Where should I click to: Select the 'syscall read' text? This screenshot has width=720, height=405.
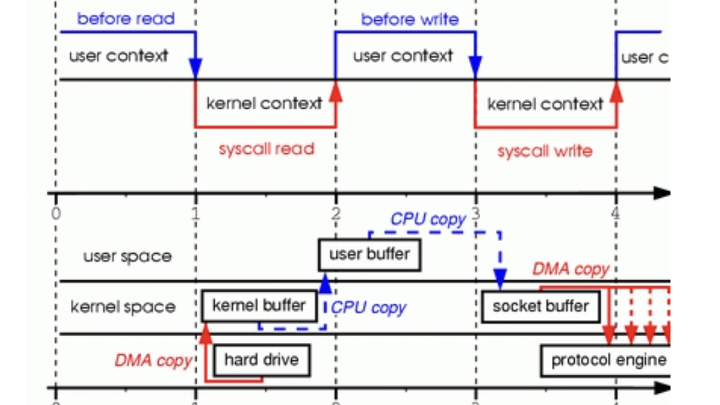[x=266, y=148]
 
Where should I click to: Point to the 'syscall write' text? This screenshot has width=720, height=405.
[x=544, y=151]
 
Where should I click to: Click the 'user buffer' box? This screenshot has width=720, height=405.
[x=369, y=254]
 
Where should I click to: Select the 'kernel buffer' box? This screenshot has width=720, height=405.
[x=259, y=305]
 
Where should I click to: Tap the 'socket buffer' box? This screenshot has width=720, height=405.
[x=540, y=306]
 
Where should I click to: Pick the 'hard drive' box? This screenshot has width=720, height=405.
[x=261, y=360]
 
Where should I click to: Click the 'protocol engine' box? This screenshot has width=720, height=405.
[x=608, y=360]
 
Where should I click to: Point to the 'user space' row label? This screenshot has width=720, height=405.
[x=127, y=256]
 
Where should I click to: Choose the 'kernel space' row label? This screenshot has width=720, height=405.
[x=122, y=307]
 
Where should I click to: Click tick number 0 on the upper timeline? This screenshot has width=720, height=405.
[x=56, y=214]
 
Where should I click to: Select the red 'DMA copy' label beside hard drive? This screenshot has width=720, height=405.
[x=153, y=360]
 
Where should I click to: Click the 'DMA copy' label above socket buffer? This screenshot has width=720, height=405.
[x=571, y=269]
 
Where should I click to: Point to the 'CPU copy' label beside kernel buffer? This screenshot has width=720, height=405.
[x=369, y=308]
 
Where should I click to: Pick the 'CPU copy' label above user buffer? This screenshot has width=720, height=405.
[x=428, y=220]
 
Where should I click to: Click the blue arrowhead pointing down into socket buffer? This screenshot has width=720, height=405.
[x=500, y=277]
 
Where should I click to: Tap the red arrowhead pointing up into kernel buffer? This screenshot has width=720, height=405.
[x=206, y=331]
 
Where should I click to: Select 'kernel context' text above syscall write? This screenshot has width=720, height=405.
[x=544, y=105]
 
